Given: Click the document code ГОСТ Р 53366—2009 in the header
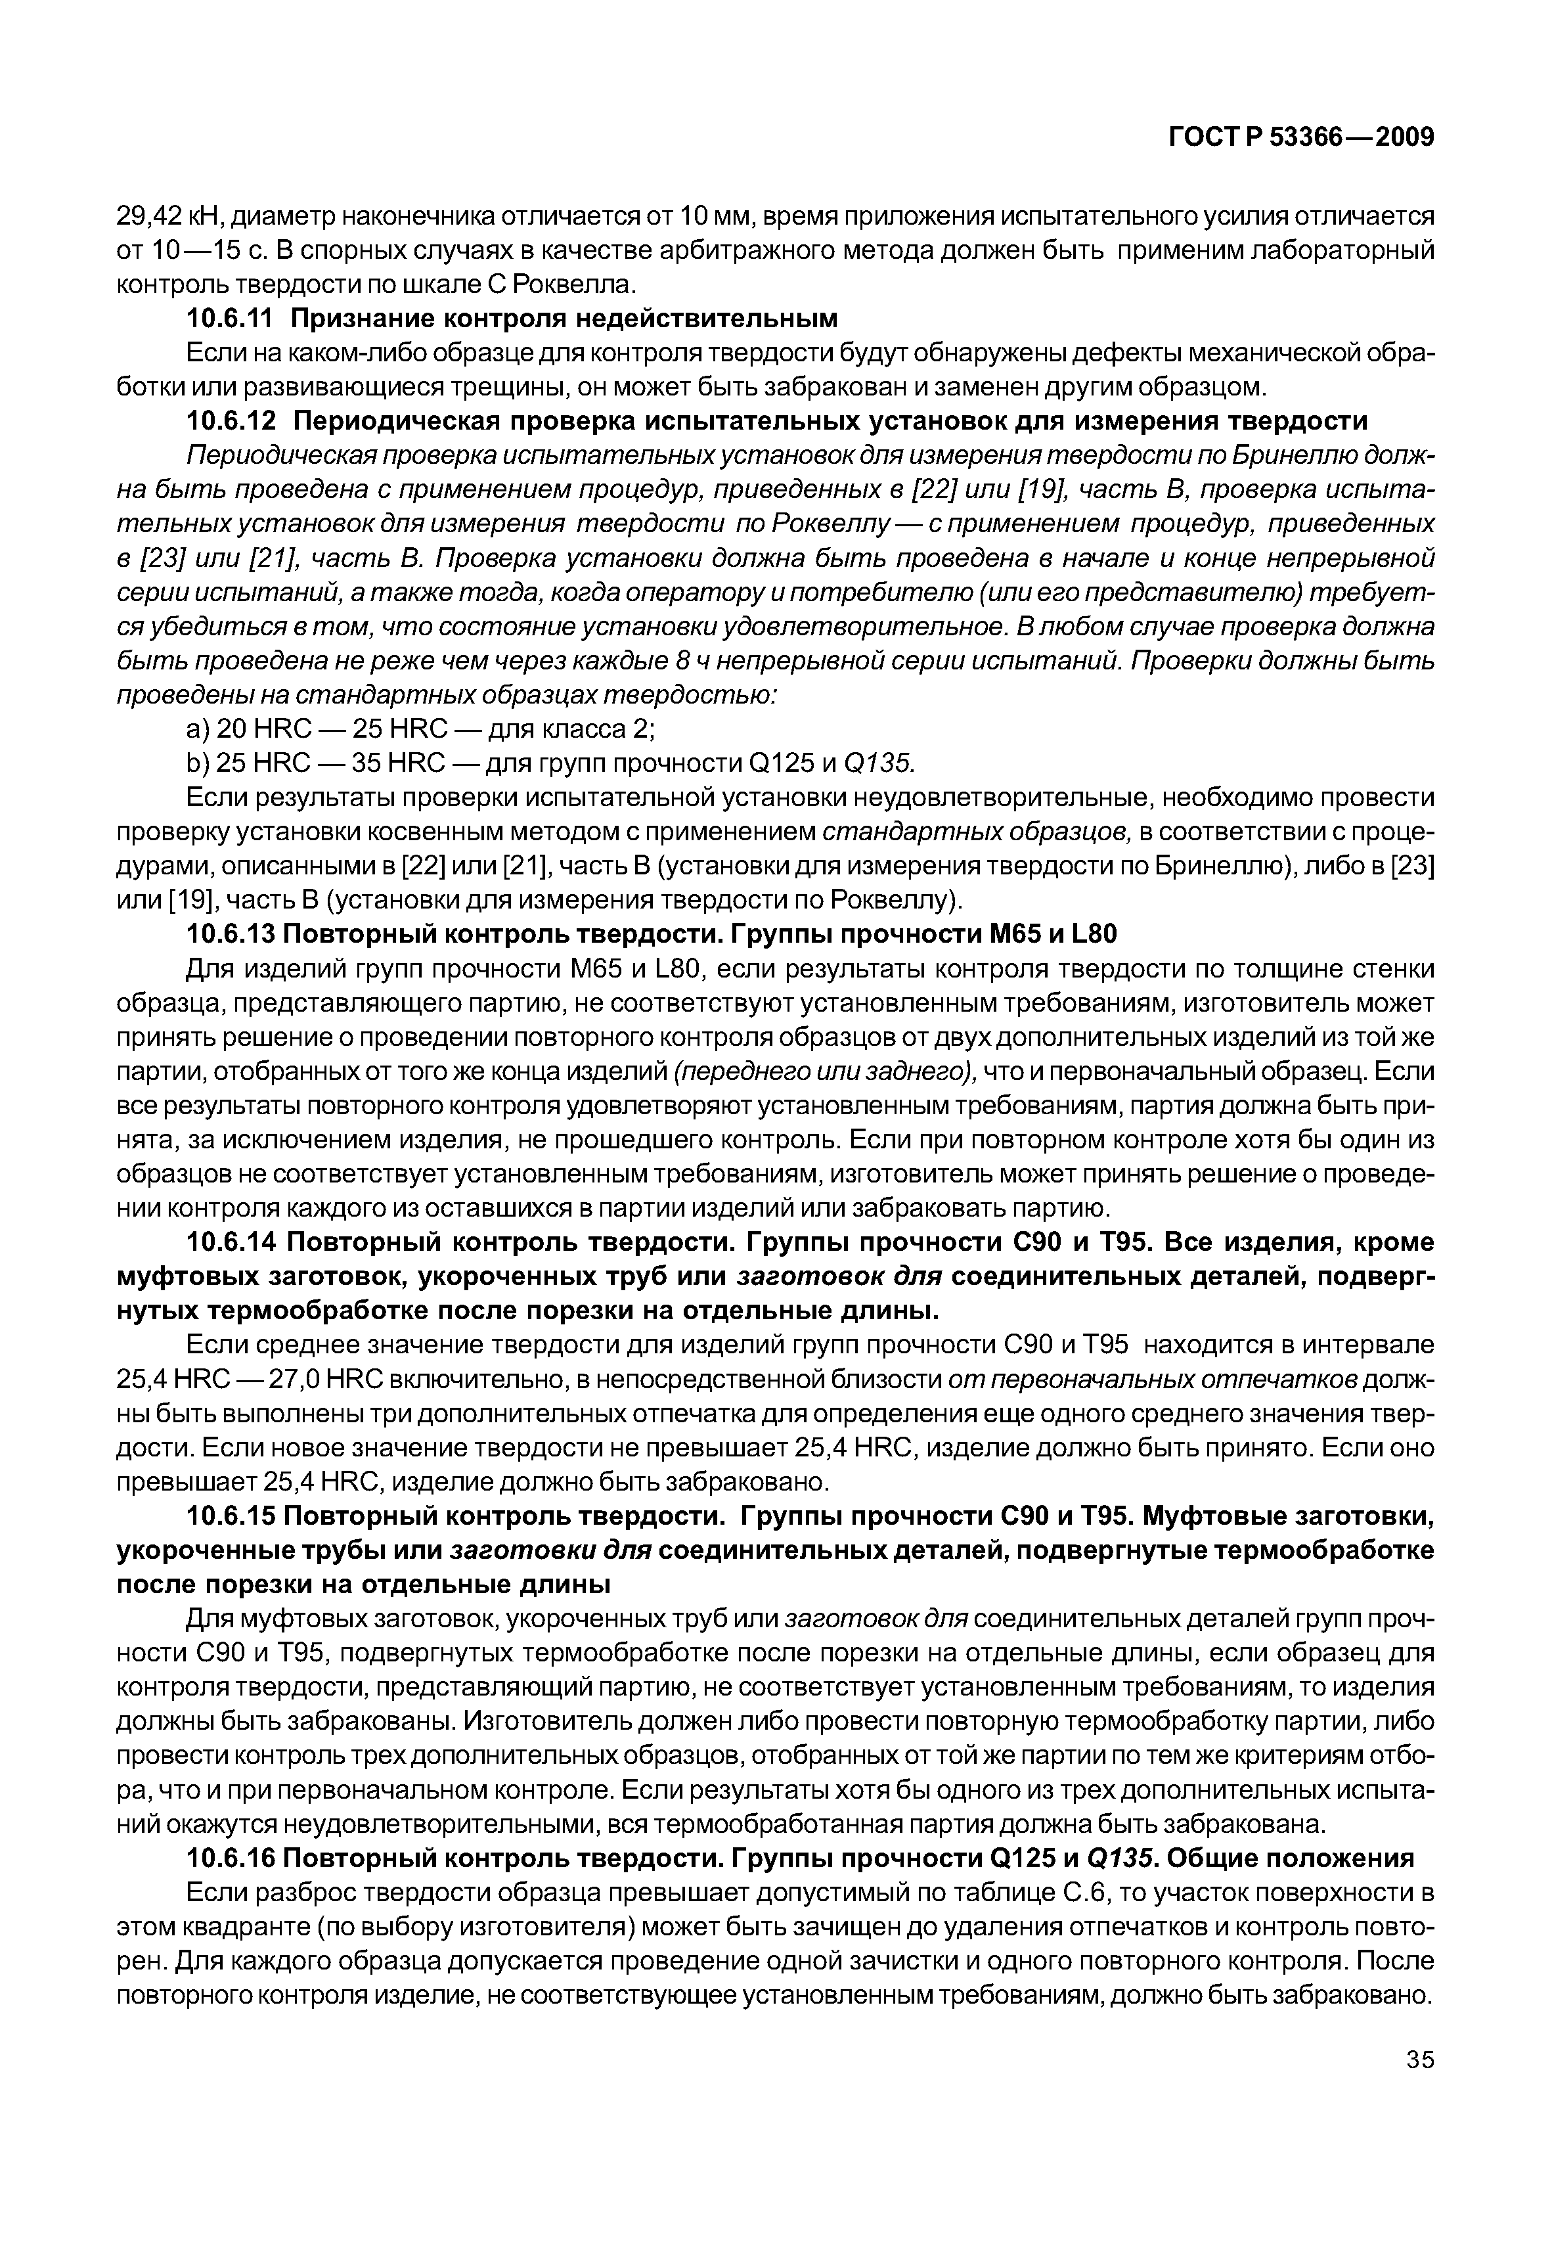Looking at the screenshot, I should coord(1300,138).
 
